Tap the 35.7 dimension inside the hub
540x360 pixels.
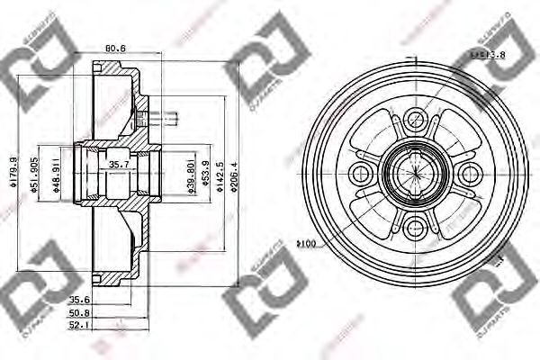pyautogui.click(x=119, y=165)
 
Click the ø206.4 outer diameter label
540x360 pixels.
pyautogui.click(x=233, y=168)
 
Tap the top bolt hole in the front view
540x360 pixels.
pyautogui.click(x=415, y=118)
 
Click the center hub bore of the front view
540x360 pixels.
pyautogui.click(x=415, y=171)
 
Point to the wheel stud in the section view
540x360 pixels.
pyautogui.click(x=165, y=115)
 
